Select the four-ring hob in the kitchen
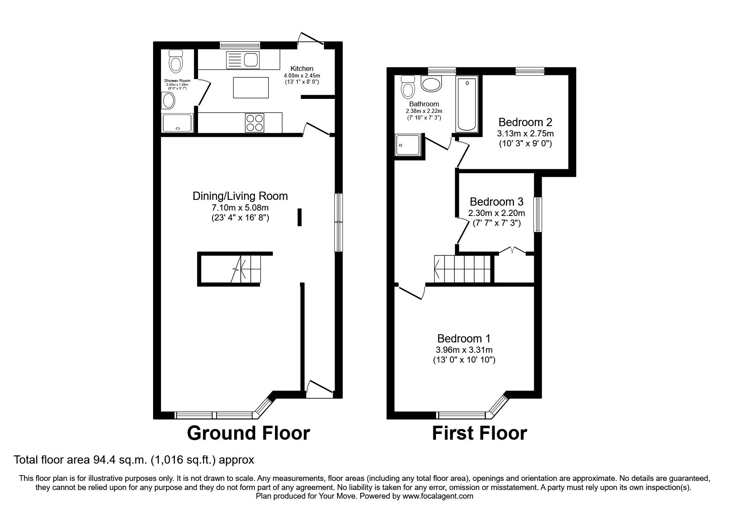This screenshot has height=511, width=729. pyautogui.click(x=254, y=122)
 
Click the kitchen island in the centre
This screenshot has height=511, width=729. pyautogui.click(x=251, y=87)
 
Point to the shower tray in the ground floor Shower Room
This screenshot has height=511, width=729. pyautogui.click(x=177, y=123)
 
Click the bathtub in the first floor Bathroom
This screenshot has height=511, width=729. pyautogui.click(x=467, y=103)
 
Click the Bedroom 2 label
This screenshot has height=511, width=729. pyautogui.click(x=525, y=122)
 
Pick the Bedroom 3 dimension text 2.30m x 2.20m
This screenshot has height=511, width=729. pyautogui.click(x=497, y=213)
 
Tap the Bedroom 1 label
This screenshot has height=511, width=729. pyautogui.click(x=464, y=338)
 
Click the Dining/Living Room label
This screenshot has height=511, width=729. pyautogui.click(x=240, y=196)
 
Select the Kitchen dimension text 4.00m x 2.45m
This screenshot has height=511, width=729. pyautogui.click(x=302, y=75)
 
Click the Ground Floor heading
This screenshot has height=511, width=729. pyautogui.click(x=248, y=433)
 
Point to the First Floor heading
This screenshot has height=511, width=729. pyautogui.click(x=479, y=433)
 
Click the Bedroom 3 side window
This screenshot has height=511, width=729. pyautogui.click(x=538, y=214)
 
